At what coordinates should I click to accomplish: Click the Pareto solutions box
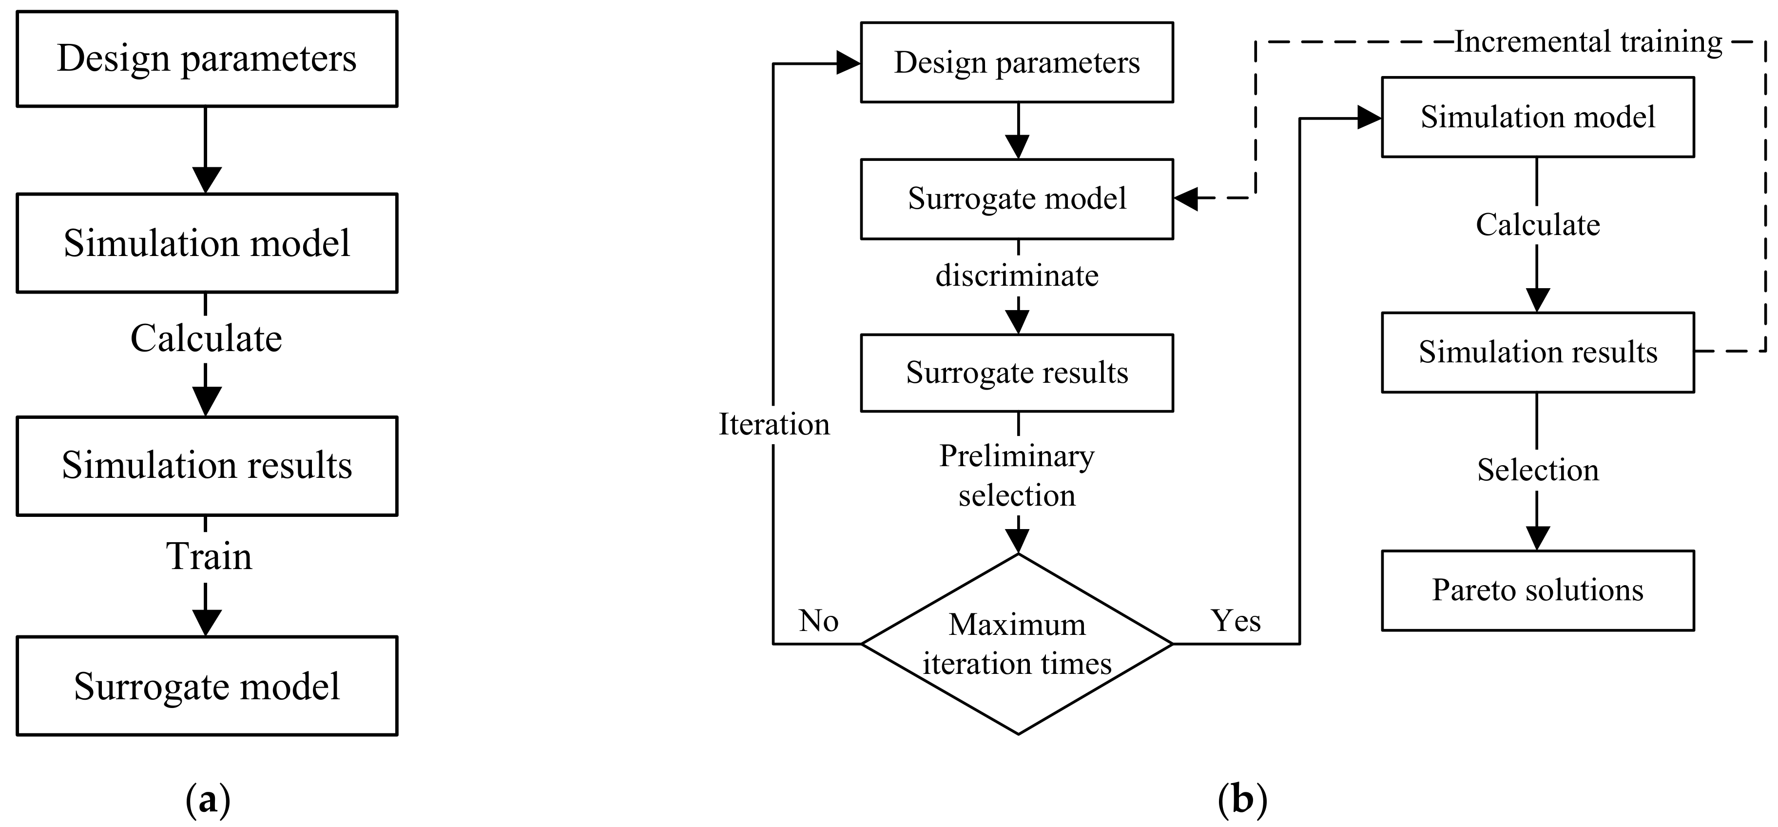[x=1537, y=590]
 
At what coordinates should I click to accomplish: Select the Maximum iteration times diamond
[x=1017, y=643]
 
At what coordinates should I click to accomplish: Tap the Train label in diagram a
[x=209, y=556]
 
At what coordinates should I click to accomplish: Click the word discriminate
[x=1017, y=276]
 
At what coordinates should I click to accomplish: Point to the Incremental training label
[x=1587, y=42]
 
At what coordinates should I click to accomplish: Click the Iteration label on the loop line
[x=774, y=424]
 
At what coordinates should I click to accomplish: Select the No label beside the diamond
[x=819, y=621]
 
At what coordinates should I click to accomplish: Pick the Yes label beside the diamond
[x=1236, y=621]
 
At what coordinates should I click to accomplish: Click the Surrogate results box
[x=1017, y=373]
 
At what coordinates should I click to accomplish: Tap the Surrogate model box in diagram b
[x=1017, y=199]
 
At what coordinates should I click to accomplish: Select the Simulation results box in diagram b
[x=1537, y=352]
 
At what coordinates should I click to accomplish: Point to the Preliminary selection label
[x=1017, y=475]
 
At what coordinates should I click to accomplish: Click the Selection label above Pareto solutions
[x=1537, y=470]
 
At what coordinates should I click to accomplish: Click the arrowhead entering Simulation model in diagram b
[x=1368, y=118]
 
